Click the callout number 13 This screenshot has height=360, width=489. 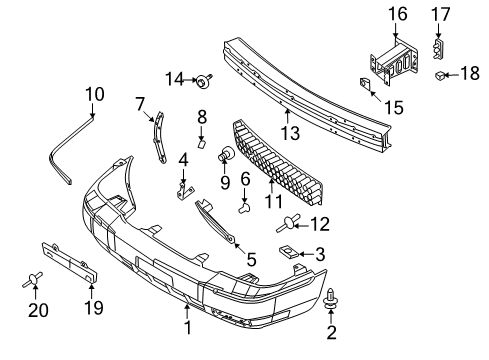click(x=290, y=133)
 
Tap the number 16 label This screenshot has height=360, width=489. click(x=398, y=14)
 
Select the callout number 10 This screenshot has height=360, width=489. click(x=95, y=94)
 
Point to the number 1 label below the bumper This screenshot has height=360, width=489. click(x=188, y=328)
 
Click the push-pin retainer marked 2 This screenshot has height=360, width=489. click(x=330, y=298)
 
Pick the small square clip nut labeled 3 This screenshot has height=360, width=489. click(x=288, y=252)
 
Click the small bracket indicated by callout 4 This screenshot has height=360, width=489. click(x=183, y=192)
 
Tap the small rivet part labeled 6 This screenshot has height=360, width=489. click(x=245, y=208)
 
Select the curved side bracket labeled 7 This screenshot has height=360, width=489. click(x=159, y=137)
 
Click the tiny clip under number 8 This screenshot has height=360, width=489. click(x=202, y=144)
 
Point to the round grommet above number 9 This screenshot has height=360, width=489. click(x=226, y=153)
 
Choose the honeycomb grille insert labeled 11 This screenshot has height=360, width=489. click(x=278, y=162)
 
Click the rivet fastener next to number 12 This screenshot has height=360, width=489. click(x=288, y=223)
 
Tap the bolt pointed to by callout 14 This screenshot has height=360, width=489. click(x=204, y=81)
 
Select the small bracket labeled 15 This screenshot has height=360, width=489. click(x=364, y=83)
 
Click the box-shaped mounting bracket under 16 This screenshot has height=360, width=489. click(x=394, y=61)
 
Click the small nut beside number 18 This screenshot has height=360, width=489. click(x=439, y=76)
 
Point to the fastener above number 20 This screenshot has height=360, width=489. click(x=33, y=279)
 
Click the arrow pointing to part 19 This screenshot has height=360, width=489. click(x=92, y=290)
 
